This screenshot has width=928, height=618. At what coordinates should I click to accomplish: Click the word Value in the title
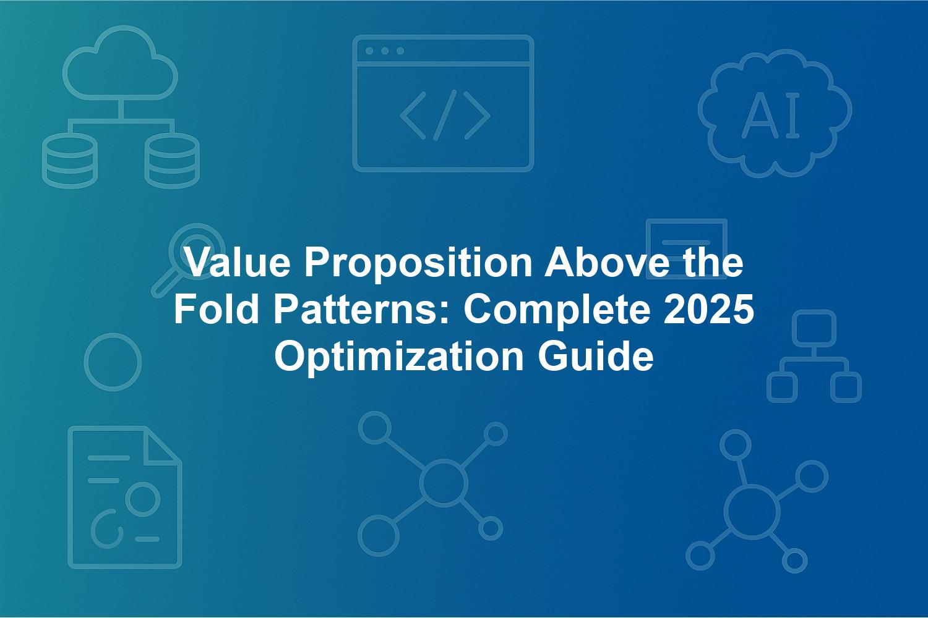(238, 262)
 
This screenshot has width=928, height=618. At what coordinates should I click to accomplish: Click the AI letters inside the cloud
(771, 116)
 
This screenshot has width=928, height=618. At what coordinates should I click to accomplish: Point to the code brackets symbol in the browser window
(445, 115)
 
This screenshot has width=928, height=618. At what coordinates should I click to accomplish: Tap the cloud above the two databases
(120, 62)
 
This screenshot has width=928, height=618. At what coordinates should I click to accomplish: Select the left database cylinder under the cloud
(70, 161)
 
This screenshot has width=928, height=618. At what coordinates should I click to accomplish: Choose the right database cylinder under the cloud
(172, 161)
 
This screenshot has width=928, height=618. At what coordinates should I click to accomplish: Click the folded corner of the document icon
(161, 447)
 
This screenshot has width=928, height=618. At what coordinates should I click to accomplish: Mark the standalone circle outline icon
(113, 362)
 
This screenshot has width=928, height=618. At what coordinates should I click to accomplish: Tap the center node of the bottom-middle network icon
(444, 483)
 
